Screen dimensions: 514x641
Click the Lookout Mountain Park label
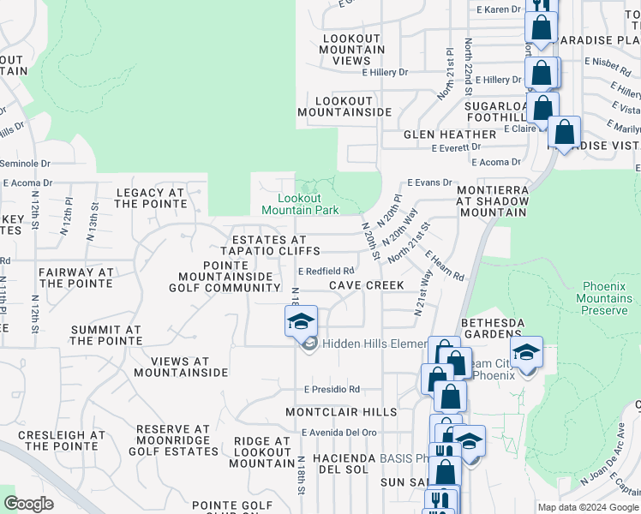(300, 204)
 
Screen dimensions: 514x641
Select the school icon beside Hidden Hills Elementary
(301, 321)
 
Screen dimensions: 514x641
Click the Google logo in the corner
(28, 504)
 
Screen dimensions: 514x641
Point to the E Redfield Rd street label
(326, 271)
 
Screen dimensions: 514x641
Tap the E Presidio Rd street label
(332, 389)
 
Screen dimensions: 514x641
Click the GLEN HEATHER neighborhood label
(450, 134)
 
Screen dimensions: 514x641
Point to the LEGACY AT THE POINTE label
(151, 198)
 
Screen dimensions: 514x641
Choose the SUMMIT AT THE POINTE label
(105, 335)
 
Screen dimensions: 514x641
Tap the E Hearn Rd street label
(445, 266)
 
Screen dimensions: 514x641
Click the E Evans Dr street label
(429, 182)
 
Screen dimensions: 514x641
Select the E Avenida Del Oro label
(339, 433)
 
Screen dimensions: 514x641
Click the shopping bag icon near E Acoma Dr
(564, 133)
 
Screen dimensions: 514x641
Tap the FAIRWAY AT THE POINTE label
(75, 278)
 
